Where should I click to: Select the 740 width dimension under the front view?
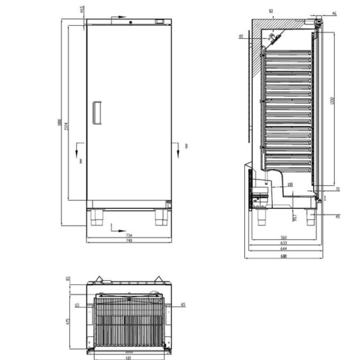(130, 240)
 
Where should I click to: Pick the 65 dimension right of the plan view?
(184, 305)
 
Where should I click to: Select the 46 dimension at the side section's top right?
(336, 14)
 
